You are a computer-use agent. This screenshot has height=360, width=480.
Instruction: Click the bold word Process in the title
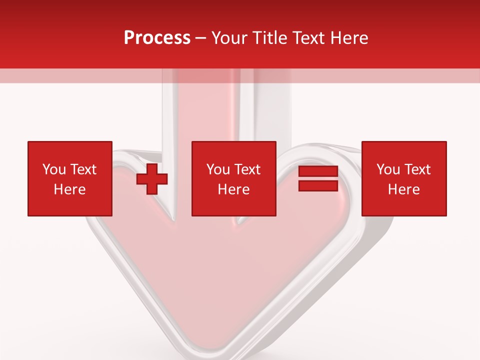click(x=157, y=38)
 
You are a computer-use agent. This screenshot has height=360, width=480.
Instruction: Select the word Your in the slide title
click(x=230, y=38)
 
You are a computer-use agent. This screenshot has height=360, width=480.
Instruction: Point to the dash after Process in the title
click(x=201, y=38)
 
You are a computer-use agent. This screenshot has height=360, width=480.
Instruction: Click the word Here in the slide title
click(x=350, y=38)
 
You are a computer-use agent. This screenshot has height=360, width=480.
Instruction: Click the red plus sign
click(x=152, y=179)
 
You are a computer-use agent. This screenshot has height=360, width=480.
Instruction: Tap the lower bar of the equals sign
click(x=318, y=185)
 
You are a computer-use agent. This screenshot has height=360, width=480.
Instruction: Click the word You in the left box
click(x=54, y=169)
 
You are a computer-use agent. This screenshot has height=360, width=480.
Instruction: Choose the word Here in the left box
click(x=69, y=189)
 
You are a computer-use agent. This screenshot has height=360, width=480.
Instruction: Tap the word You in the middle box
click(x=218, y=169)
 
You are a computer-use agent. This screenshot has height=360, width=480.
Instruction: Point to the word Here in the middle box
click(x=233, y=189)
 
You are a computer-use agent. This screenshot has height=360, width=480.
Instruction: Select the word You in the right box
click(x=388, y=169)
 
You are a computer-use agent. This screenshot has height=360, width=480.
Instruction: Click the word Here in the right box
click(x=403, y=189)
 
